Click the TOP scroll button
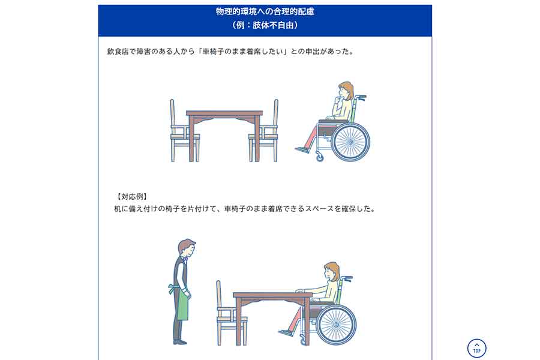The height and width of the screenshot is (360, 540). pyautogui.click(x=476, y=348)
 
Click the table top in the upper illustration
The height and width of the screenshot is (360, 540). pyautogui.click(x=224, y=113)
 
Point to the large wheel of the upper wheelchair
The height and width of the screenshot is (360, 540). pyautogui.click(x=351, y=142)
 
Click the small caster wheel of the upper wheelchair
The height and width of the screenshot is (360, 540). pyautogui.click(x=320, y=157)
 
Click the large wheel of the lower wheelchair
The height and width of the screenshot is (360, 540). pyautogui.click(x=336, y=325)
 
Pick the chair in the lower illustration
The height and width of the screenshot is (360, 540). pyautogui.click(x=232, y=313)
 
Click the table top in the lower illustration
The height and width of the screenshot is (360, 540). pyautogui.click(x=272, y=295)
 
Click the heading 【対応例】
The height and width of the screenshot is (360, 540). pyautogui.click(x=132, y=197)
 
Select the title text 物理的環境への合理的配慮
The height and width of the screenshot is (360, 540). pyautogui.click(x=265, y=11)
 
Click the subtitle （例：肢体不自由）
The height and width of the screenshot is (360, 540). pyautogui.click(x=265, y=25)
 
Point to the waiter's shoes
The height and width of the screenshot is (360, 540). pyautogui.click(x=180, y=342)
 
